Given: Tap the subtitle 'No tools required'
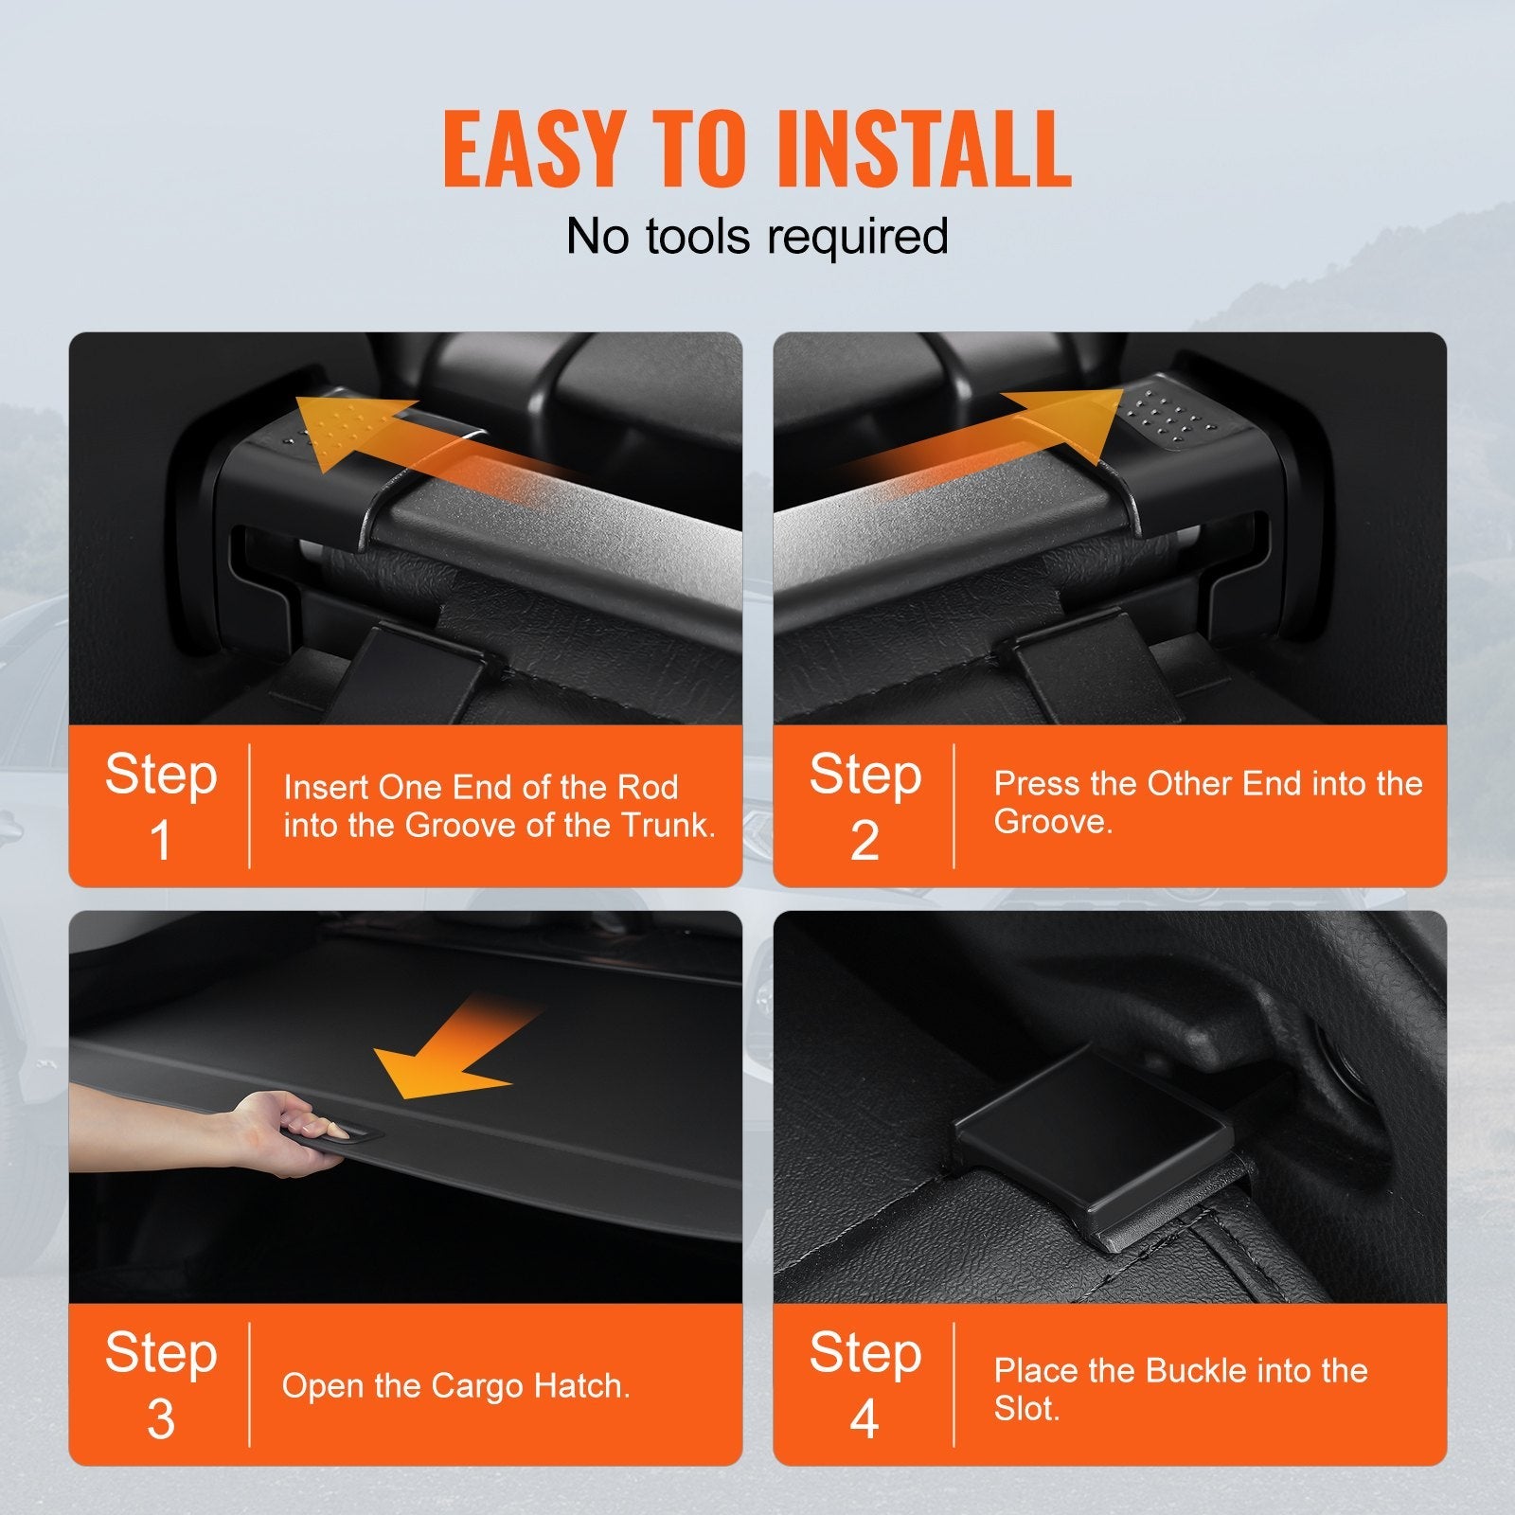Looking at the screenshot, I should pos(757,236).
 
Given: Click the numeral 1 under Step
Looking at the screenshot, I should pos(161,840).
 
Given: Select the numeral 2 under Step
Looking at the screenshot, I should pos(864,840).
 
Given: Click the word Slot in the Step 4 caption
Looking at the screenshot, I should pos(1025,1409).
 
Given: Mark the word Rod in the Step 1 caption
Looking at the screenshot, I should pos(648,787).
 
